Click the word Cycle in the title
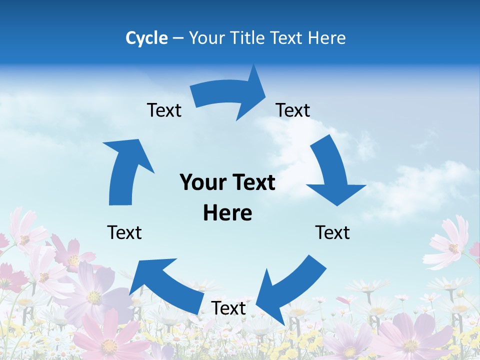[146, 38]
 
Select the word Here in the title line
[326, 38]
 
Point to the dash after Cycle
[178, 38]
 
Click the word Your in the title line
[207, 38]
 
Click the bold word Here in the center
[227, 213]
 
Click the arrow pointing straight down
[332, 172]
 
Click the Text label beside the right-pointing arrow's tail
[164, 110]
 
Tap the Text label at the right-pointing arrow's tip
[293, 110]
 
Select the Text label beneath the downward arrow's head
[332, 232]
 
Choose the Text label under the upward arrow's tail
[124, 232]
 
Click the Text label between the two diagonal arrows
[228, 308]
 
